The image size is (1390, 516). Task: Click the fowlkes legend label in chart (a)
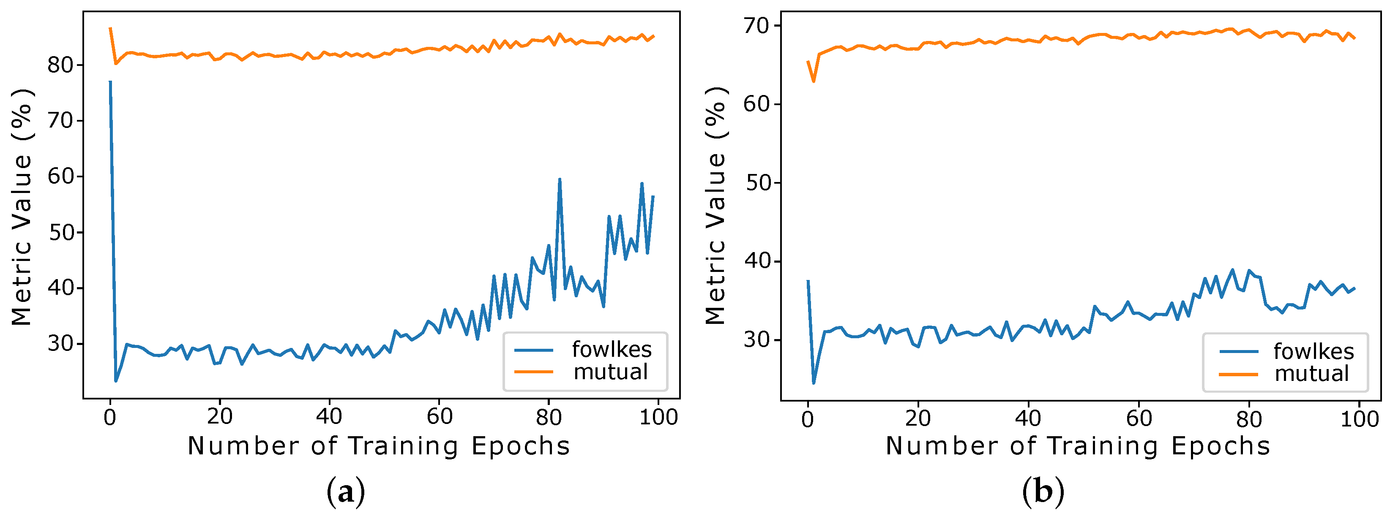point(612,350)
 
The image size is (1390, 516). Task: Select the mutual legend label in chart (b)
point(1311,374)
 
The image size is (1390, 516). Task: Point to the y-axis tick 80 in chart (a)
point(60,65)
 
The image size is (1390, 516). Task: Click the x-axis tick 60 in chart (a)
point(439,417)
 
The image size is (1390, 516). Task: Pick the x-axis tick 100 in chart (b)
point(1359,419)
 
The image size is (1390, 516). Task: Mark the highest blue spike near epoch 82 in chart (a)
point(560,179)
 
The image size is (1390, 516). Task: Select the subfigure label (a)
point(346,492)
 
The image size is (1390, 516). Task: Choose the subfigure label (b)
point(1043,492)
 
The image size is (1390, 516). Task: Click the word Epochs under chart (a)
point(520,446)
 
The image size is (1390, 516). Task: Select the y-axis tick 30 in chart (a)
point(60,343)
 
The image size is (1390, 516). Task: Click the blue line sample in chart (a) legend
point(534,350)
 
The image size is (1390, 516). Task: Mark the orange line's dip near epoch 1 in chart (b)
point(814,81)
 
